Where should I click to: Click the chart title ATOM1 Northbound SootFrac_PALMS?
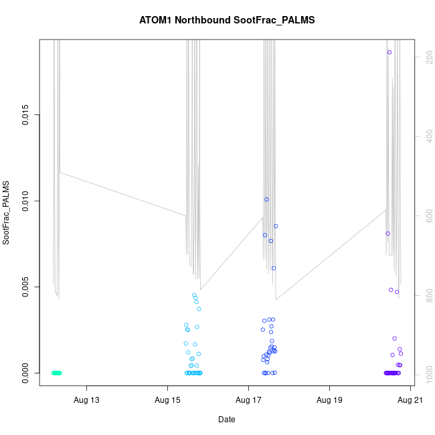point(227,20)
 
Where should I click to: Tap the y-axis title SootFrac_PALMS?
point(7,212)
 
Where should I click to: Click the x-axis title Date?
point(227,420)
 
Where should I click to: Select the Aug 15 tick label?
point(167,401)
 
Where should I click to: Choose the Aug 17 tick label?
point(248,401)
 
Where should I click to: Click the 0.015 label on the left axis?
point(25,115)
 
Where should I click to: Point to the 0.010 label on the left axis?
point(25,201)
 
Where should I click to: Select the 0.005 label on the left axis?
point(25,286)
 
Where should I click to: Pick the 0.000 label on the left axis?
point(25,372)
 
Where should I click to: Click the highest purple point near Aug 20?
point(389,52)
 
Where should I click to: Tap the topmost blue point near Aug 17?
point(266,199)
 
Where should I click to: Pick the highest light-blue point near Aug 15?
point(194,295)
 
